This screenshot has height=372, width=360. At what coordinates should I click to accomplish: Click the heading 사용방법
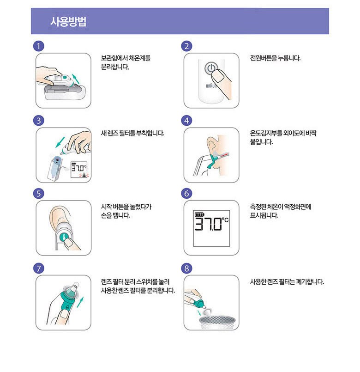point(69,22)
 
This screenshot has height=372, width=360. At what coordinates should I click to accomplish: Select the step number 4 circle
point(187,120)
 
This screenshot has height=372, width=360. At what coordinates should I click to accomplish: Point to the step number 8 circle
point(187,268)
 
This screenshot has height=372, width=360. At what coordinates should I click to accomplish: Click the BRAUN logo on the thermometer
point(211,86)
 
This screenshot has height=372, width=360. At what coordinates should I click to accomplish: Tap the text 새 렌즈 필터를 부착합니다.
point(132,133)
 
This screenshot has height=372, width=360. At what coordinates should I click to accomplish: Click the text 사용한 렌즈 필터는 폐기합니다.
point(287,281)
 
